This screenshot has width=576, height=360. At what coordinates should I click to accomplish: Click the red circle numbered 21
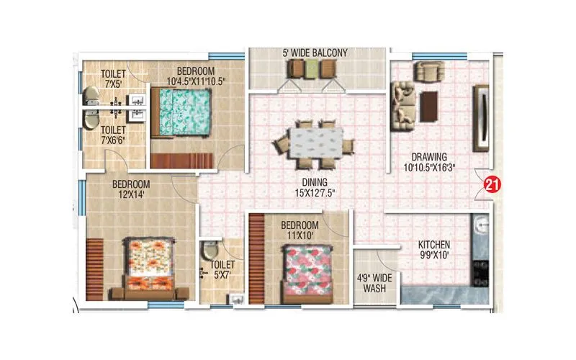coord(492,184)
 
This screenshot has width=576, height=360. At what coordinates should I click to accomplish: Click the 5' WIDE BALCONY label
coord(315,53)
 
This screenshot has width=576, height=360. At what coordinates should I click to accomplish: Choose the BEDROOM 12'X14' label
coord(130,189)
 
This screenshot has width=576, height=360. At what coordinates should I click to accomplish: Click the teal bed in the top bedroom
coord(182,112)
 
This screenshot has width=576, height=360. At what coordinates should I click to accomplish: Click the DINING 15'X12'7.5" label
coord(315,187)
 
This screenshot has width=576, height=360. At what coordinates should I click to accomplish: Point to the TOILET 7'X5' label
coord(114,78)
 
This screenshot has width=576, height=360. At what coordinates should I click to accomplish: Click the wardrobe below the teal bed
coord(181,160)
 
